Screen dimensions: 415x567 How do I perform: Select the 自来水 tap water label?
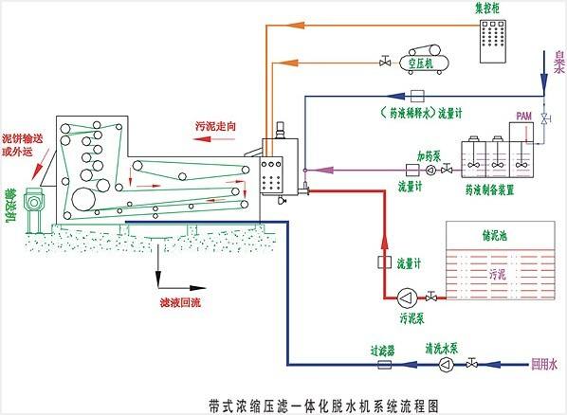coord(558,62)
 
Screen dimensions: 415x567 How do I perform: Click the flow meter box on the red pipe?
coord(386,261)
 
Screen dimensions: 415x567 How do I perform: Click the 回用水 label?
coord(540,362)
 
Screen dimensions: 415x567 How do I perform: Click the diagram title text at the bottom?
coord(283,402)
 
